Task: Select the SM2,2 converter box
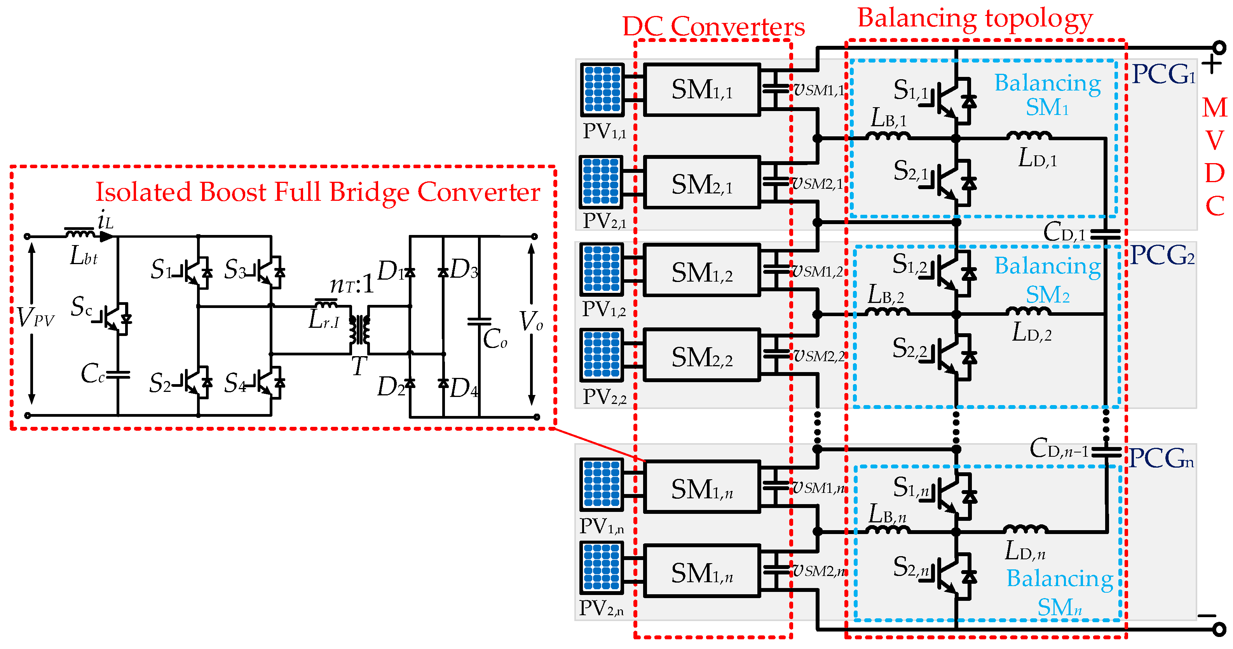[x=701, y=355]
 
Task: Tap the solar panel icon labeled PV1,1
[x=602, y=89]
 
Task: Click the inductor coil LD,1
[x=1029, y=136]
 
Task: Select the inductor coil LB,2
[x=888, y=312]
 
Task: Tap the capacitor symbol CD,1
[x=1105, y=234]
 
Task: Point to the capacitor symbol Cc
[x=118, y=374]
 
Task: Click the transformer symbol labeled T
[x=359, y=330]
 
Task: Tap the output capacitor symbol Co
[x=479, y=322]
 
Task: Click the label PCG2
[x=1162, y=255]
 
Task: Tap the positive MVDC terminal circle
[x=1219, y=48]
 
